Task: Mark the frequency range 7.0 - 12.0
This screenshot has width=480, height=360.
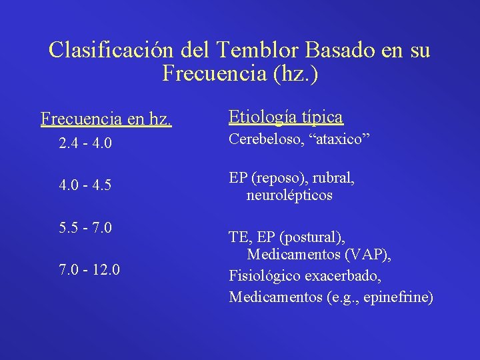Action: point(89,270)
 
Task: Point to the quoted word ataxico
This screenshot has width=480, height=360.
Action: point(343,140)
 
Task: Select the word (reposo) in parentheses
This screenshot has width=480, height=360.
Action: point(279,179)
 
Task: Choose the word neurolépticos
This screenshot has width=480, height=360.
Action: point(289,196)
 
